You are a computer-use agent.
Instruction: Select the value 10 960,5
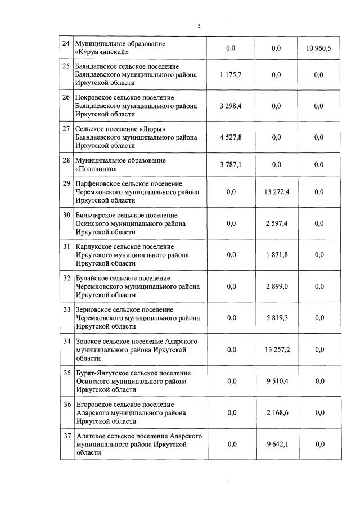point(319,48)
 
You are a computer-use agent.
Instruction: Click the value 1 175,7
point(231,75)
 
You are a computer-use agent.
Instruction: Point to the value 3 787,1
point(231,165)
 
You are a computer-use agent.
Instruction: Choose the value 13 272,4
point(276,192)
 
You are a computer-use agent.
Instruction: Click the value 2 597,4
point(276,223)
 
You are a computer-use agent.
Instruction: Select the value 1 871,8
point(276,255)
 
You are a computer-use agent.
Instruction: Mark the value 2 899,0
point(276,286)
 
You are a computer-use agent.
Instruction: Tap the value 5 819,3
point(276,318)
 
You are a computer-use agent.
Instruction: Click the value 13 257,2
point(276,349)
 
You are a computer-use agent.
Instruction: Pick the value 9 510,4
point(276,381)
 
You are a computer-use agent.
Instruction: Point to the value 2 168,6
point(276,412)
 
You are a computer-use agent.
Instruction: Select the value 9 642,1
point(276,444)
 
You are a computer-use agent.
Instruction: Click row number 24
point(66,44)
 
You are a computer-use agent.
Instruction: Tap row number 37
point(66,436)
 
